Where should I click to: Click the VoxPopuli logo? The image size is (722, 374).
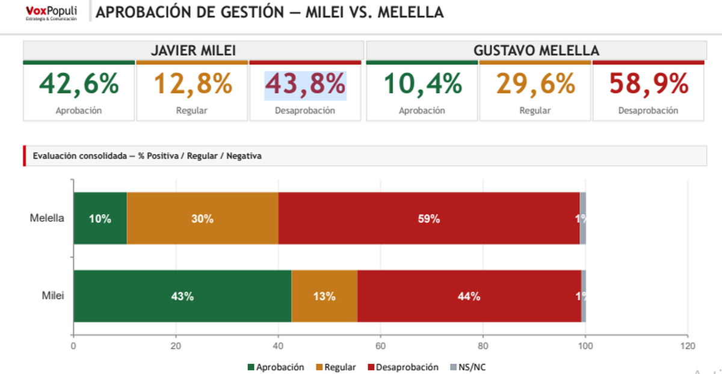51,13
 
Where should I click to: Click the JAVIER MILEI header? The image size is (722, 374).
193,51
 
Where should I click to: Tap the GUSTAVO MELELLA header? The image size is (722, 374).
536,51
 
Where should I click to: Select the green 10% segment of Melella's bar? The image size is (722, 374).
100,219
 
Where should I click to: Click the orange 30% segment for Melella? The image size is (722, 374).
203,219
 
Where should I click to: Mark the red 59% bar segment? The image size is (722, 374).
428,219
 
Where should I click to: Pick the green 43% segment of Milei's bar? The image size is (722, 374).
182,296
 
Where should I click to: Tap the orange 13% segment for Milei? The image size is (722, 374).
324,296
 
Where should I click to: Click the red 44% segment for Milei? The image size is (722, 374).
469,296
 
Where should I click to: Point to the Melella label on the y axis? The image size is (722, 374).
47,218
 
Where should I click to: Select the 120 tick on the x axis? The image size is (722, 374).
687,346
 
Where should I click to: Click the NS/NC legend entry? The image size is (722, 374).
467,367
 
